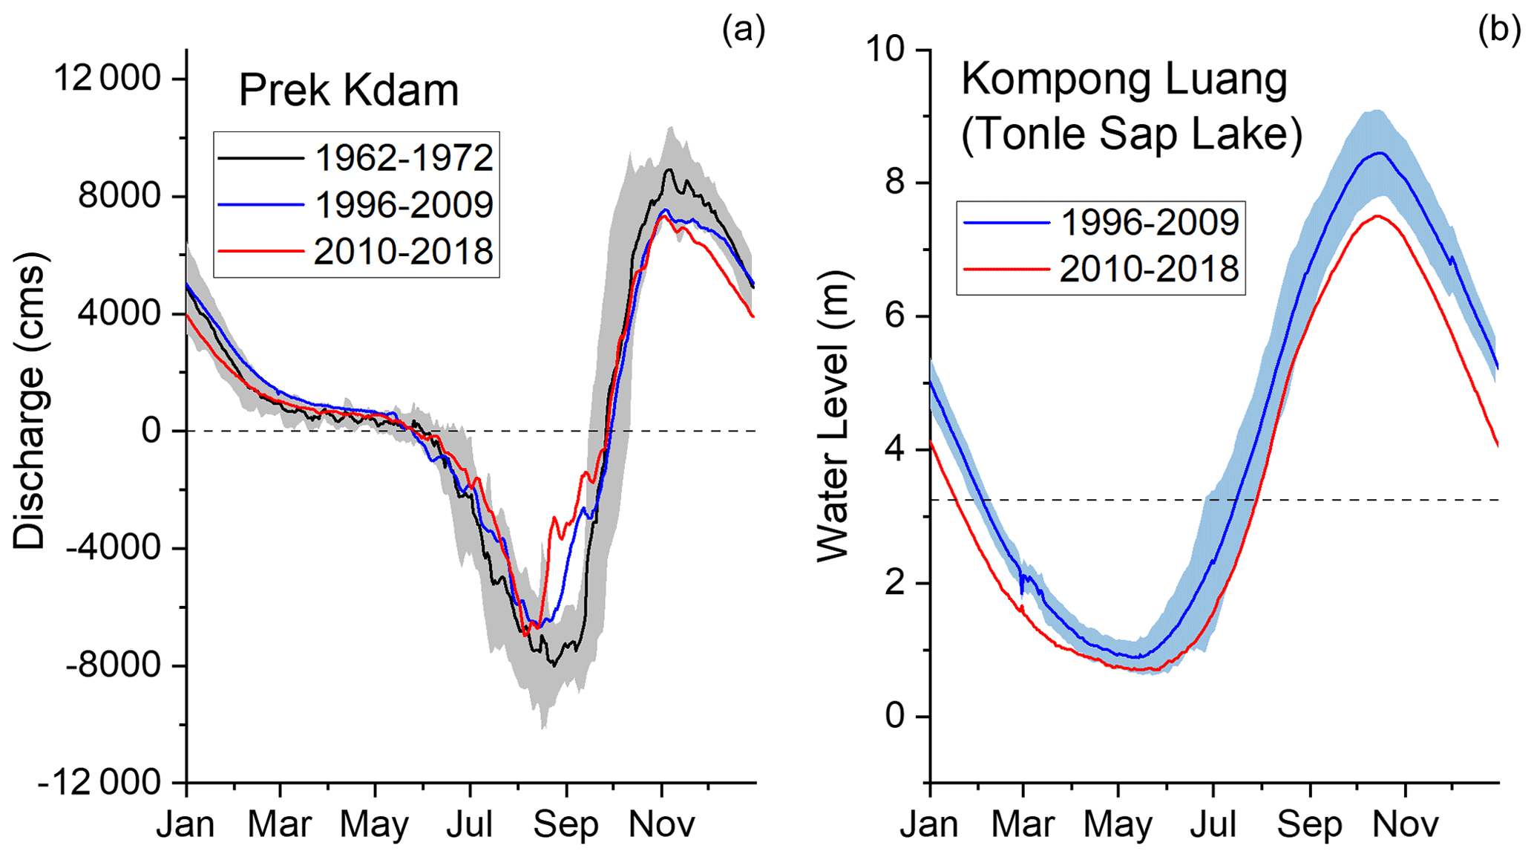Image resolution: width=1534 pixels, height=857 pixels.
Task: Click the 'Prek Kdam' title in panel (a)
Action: pos(348,91)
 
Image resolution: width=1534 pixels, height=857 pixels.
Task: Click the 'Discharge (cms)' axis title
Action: pos(30,401)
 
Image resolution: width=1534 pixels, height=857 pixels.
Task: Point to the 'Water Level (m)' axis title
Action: pos(833,416)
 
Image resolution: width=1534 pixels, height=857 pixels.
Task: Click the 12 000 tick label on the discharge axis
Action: pos(108,78)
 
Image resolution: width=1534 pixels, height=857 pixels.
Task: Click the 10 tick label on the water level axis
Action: pos(886,49)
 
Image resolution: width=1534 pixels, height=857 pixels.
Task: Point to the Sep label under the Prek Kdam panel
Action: pos(566,825)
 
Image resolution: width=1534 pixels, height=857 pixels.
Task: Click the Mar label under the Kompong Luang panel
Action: pos(1023,825)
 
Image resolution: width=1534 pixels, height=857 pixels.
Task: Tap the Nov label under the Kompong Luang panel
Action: pos(1406,825)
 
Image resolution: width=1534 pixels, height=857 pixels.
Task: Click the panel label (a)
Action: pos(743,30)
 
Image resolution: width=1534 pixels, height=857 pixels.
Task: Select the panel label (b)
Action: pos(1498,30)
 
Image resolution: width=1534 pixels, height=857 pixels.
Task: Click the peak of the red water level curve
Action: pos(1378,216)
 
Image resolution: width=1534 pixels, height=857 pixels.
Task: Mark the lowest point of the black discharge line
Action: pos(553,665)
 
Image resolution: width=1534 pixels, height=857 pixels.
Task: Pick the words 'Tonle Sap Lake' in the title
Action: pos(1132,134)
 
